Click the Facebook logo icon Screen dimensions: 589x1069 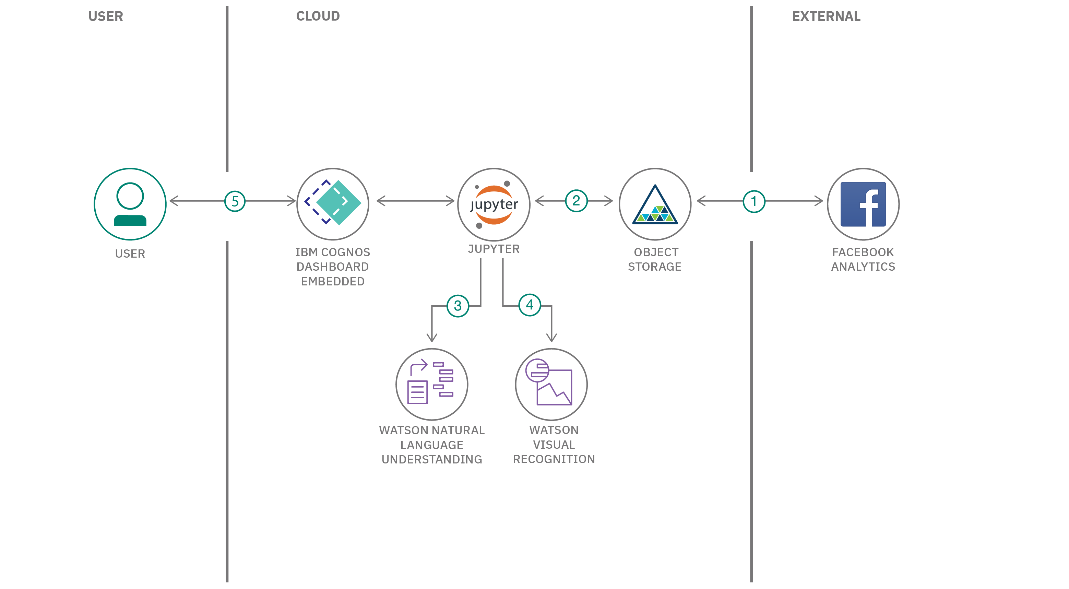863,204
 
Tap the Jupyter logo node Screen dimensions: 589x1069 494,204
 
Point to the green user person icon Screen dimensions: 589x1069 130,204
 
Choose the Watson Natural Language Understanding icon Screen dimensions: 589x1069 431,384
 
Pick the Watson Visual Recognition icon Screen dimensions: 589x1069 551,384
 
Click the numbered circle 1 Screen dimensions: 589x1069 753,201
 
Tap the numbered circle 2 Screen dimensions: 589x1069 576,201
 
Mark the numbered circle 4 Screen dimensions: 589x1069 530,305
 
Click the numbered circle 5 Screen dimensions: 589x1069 235,201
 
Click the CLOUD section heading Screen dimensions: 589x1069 318,16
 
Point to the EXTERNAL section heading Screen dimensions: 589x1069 826,16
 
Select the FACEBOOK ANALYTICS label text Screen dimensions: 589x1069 863,259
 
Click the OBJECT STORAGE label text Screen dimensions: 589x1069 655,259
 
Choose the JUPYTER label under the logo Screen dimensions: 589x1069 494,249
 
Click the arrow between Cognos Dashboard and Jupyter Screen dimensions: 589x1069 415,201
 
